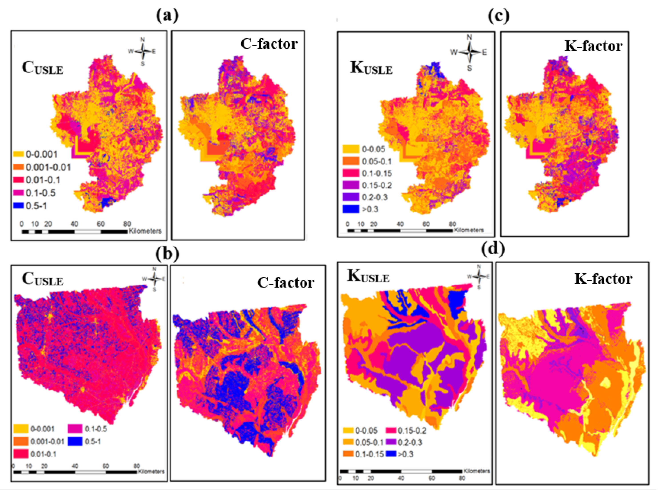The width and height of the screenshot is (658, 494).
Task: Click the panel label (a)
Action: click(167, 16)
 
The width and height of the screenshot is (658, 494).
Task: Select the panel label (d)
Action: click(493, 249)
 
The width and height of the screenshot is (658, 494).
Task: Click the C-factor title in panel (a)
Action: click(269, 44)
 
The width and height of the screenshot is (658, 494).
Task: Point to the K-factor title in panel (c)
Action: click(593, 46)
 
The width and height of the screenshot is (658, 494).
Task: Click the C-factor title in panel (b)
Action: click(286, 283)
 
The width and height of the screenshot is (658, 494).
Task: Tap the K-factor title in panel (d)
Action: click(603, 279)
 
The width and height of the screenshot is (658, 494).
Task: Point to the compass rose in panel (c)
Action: click(469, 53)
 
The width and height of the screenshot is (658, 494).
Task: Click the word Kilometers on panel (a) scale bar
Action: click(145, 231)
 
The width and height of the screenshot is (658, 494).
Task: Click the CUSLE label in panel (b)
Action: click(42, 279)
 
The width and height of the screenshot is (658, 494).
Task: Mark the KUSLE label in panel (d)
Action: click(368, 276)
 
